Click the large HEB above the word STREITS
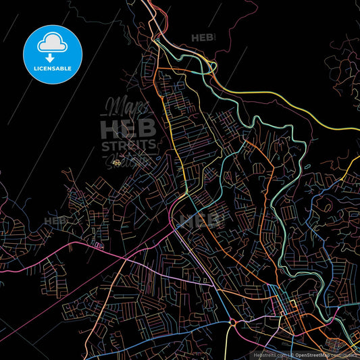(128, 129)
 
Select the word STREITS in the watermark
(129, 145)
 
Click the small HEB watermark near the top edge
(202, 38)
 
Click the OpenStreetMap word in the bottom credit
(316, 354)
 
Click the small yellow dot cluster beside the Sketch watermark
(117, 163)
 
